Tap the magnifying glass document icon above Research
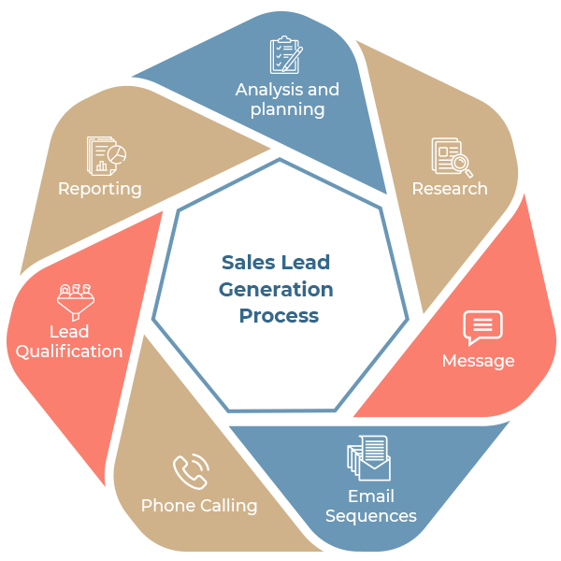pyautogui.click(x=451, y=157)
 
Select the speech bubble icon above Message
pyautogui.click(x=482, y=328)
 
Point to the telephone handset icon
pyautogui.click(x=190, y=471)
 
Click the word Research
pyautogui.click(x=450, y=188)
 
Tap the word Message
pyautogui.click(x=478, y=361)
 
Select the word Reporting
pyautogui.click(x=100, y=189)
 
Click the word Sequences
pyautogui.click(x=371, y=516)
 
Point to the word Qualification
pyautogui.click(x=69, y=352)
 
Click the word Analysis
pyautogui.click(x=268, y=91)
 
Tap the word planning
pyautogui.click(x=288, y=109)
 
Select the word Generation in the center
pyautogui.click(x=276, y=290)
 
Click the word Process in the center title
pyautogui.click(x=279, y=316)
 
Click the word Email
pyautogui.click(x=371, y=496)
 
